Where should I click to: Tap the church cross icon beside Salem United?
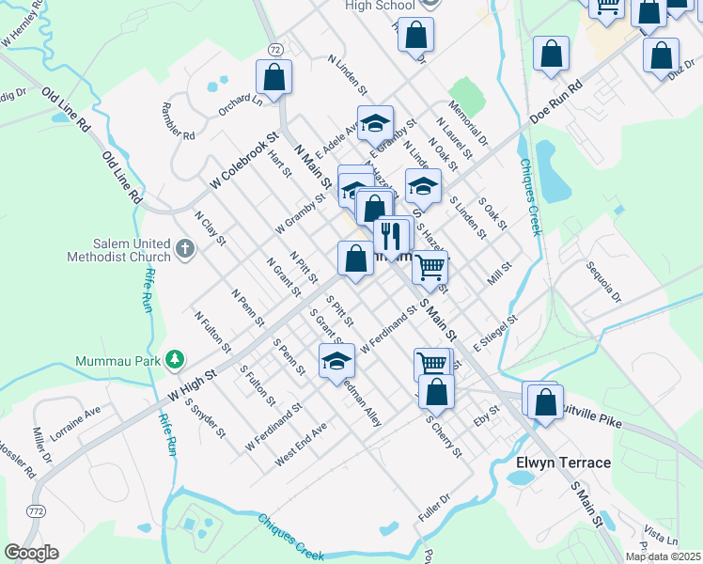pyautogui.click(x=185, y=251)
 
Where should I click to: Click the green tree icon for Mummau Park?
pyautogui.click(x=174, y=359)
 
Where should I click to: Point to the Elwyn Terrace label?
pyautogui.click(x=563, y=462)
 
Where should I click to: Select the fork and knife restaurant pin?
pyautogui.click(x=389, y=235)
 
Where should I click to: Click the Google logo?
pyautogui.click(x=31, y=553)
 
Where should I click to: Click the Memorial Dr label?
pyautogui.click(x=468, y=123)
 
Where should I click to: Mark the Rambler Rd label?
pyautogui.click(x=179, y=121)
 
